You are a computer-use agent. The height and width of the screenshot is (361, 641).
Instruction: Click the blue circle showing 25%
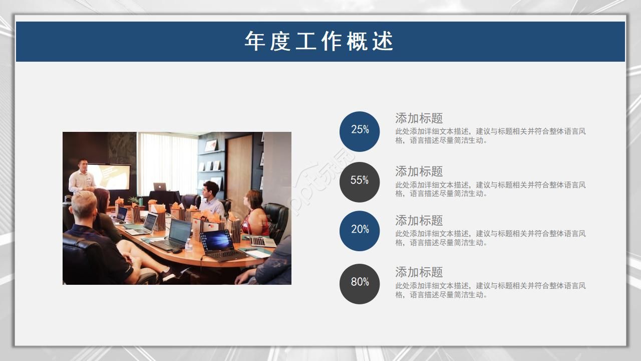[360, 131]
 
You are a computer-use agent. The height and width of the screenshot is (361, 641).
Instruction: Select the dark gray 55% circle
[360, 182]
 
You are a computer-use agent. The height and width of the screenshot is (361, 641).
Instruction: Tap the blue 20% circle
[360, 231]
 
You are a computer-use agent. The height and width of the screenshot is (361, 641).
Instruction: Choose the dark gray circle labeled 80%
[360, 284]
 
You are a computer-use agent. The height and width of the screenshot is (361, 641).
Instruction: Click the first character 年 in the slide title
[255, 41]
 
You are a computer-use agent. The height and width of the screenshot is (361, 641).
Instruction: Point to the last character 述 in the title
[383, 41]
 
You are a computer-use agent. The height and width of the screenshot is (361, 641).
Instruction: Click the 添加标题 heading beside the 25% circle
[419, 118]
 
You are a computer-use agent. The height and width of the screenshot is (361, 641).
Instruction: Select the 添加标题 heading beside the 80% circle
[419, 272]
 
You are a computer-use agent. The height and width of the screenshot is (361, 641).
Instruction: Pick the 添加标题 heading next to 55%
[419, 171]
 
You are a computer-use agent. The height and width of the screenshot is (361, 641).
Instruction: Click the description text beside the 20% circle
[490, 238]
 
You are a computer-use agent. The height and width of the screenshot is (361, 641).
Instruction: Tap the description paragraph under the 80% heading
[490, 290]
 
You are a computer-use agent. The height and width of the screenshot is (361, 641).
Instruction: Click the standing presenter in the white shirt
[82, 177]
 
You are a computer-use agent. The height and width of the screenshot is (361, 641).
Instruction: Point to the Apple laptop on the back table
[160, 187]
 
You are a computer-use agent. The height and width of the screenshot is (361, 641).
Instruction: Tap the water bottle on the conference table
[188, 245]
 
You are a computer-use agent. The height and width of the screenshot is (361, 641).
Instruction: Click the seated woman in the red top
[255, 214]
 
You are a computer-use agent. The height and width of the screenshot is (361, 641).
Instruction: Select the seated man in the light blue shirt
[212, 200]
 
